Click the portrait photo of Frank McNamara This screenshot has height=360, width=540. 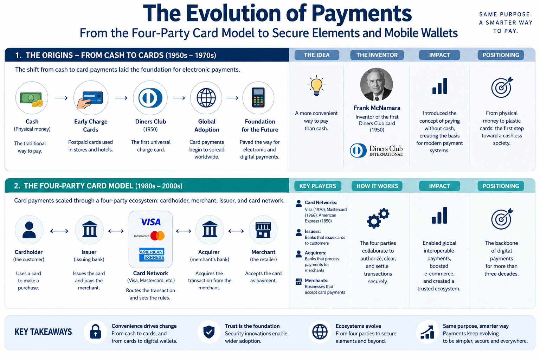(x=376, y=84)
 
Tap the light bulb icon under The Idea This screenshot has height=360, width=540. (x=316, y=86)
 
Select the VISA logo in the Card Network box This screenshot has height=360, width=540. (x=150, y=222)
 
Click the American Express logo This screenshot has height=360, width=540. (x=152, y=255)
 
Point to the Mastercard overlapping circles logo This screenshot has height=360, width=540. (x=157, y=236)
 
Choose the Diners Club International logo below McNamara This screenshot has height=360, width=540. (x=376, y=150)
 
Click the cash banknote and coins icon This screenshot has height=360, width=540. (x=32, y=99)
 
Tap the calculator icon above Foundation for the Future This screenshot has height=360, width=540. (x=258, y=97)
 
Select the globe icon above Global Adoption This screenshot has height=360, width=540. (x=206, y=98)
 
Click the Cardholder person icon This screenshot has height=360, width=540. (x=29, y=230)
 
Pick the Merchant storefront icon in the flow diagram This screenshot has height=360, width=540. (x=263, y=230)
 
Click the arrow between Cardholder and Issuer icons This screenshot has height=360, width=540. (x=59, y=231)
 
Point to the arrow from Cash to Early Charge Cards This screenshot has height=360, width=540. (x=62, y=98)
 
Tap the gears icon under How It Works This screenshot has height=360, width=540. (x=378, y=218)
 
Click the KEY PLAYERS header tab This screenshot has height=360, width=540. (x=317, y=186)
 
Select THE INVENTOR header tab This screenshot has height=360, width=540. (x=377, y=55)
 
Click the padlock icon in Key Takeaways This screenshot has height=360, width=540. (x=95, y=332)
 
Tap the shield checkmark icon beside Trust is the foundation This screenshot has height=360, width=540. (x=209, y=332)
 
